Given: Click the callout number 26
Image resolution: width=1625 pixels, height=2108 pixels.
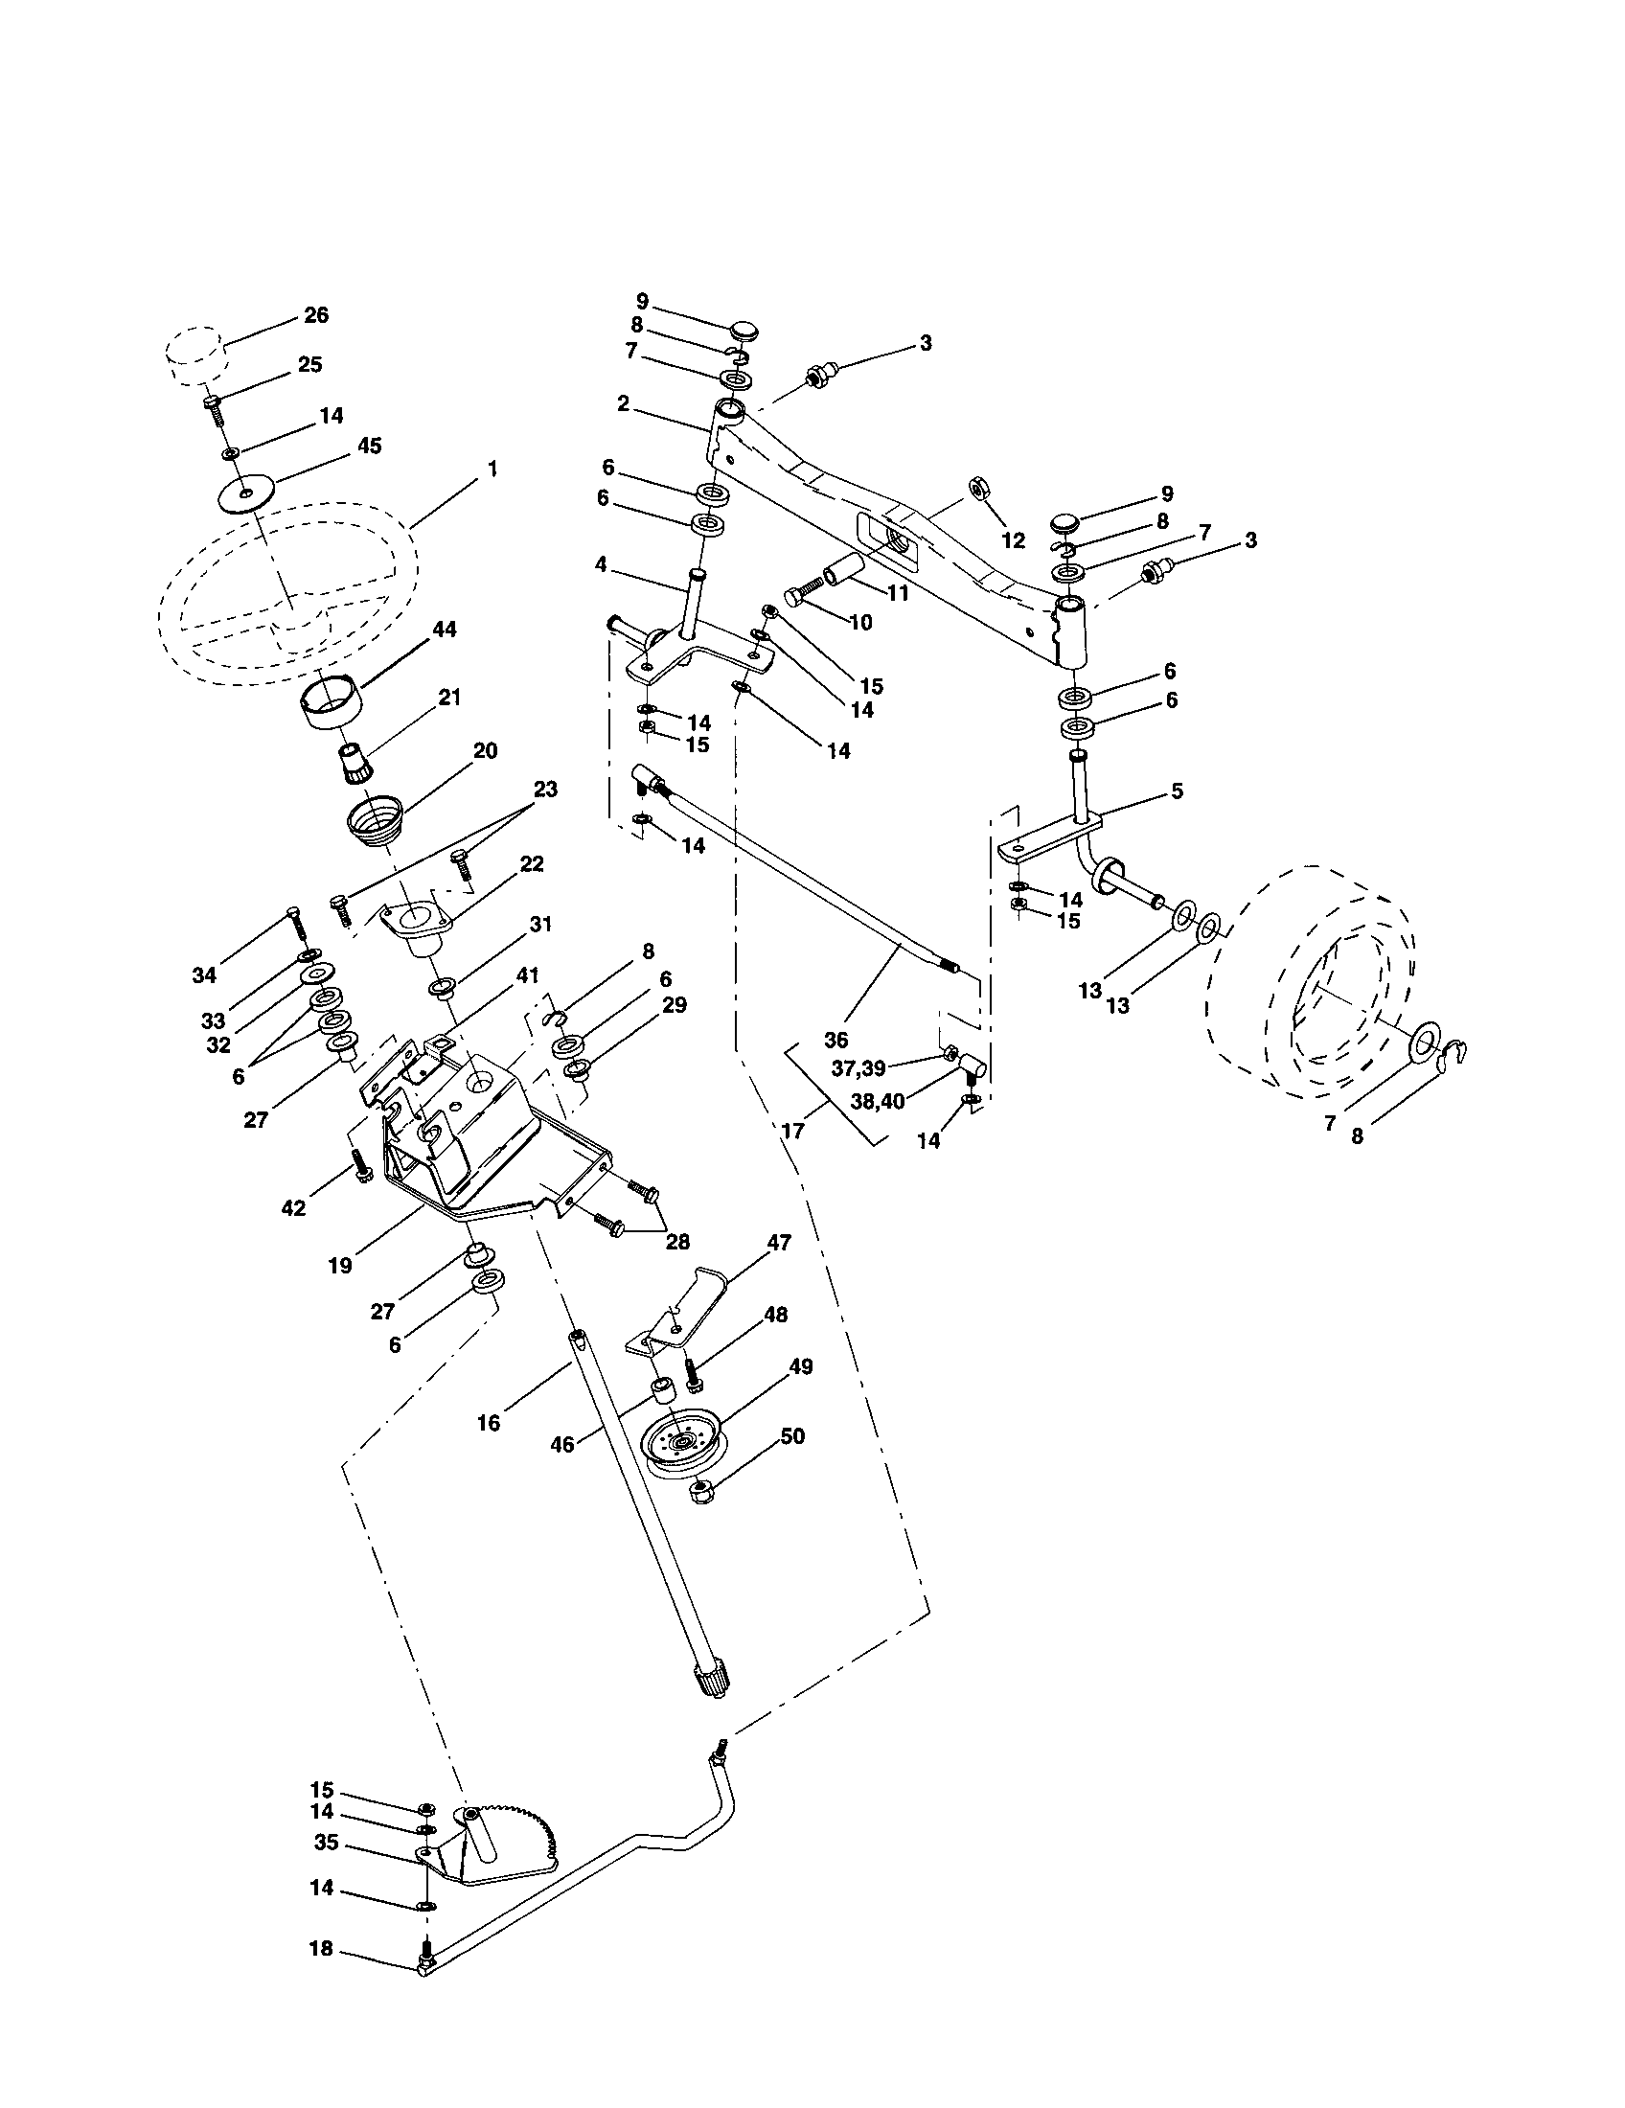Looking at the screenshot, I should [x=315, y=314].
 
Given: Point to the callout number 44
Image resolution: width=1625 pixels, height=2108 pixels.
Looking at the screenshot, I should [x=445, y=629].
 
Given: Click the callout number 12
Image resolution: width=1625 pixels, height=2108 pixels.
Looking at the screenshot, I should [x=1012, y=541].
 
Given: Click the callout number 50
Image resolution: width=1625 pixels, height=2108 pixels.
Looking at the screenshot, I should [x=791, y=1435].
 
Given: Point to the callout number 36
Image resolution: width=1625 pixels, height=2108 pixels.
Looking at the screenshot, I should [x=835, y=1040].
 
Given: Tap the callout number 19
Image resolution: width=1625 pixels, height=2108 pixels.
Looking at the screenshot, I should [x=340, y=1266].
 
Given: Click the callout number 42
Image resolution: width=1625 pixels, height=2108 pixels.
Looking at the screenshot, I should [x=293, y=1207].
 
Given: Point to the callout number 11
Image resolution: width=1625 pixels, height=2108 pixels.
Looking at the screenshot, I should [x=899, y=594].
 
